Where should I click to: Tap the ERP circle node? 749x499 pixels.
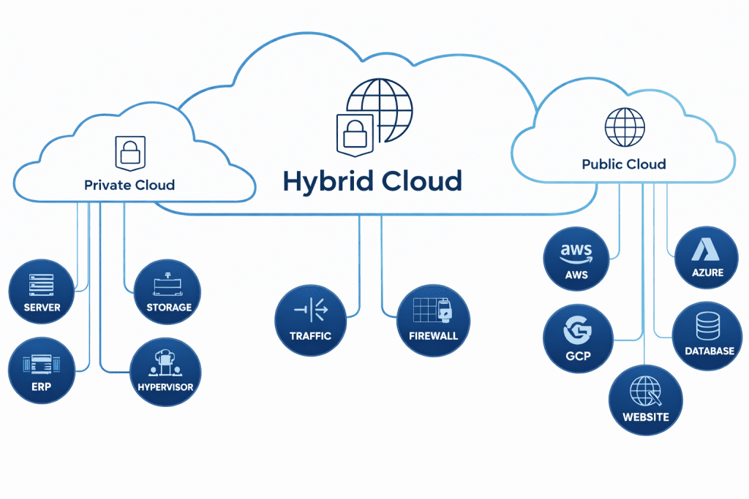42,372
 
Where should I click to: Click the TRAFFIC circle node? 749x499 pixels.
310,321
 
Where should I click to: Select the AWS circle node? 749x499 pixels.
576,259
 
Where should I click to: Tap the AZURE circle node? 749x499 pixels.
707,259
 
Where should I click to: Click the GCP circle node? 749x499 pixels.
578,340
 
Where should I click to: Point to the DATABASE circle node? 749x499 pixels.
707,336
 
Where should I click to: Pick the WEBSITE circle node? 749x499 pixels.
645,401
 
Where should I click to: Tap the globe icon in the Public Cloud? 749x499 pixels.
624,127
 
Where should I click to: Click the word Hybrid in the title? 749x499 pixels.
326,181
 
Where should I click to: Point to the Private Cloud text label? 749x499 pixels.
129,185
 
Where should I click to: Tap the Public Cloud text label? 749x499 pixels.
624,164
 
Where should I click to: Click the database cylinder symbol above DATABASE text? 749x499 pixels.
707,325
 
